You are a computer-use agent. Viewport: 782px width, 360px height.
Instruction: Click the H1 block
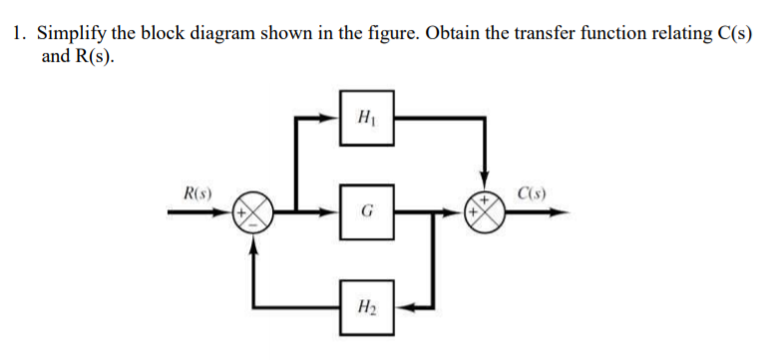(x=366, y=120)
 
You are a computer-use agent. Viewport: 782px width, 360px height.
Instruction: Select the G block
(x=366, y=212)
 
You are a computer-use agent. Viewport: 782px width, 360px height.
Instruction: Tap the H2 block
(x=366, y=305)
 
